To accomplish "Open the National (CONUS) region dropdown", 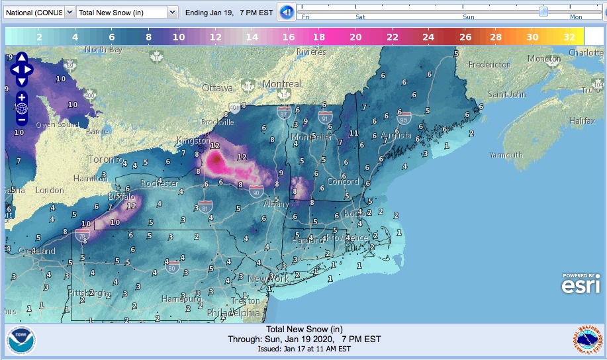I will [38, 12].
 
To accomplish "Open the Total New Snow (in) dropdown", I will [126, 12].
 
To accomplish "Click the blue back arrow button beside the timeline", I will [286, 12].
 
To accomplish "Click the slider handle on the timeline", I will [543, 11].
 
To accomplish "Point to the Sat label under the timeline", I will [360, 18].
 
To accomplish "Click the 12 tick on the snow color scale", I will [215, 37].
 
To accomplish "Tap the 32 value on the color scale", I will [569, 37].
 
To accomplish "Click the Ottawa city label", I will [217, 88].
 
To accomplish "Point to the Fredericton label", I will [489, 64].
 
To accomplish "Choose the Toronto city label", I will [105, 159].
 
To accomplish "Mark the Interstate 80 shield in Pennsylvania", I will [172, 268].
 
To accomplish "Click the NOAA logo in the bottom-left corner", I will [22, 341].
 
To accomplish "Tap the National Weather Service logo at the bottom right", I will [586, 340].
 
